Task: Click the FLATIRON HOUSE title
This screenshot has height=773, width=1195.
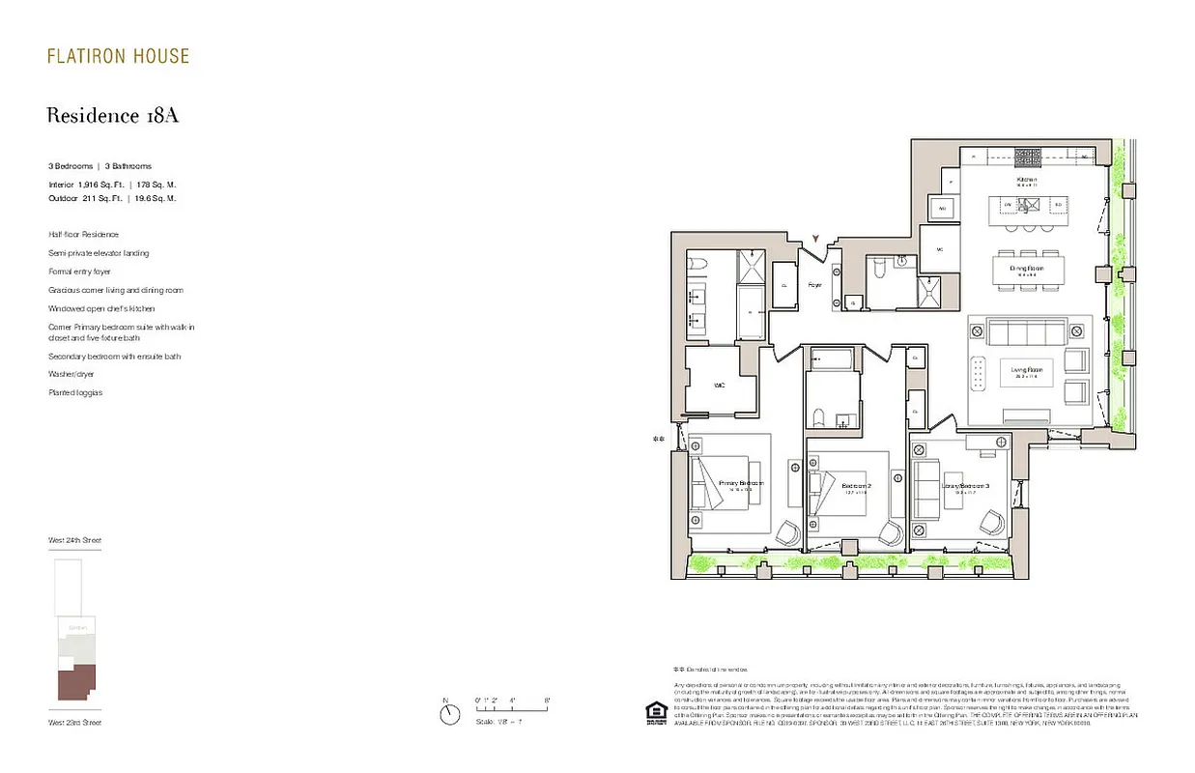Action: coord(118,56)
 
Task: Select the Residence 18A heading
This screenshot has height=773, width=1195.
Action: coord(113,116)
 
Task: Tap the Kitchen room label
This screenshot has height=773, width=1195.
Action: coord(1026,181)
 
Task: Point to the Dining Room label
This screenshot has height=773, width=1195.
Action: coord(1027,269)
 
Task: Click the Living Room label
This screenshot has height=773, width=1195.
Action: coord(1026,370)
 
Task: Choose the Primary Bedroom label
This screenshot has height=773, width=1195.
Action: coord(741,483)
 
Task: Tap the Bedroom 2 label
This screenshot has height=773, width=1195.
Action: coord(856,485)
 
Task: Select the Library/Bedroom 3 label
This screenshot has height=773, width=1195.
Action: coord(965,485)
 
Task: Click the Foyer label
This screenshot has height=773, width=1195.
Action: coord(814,285)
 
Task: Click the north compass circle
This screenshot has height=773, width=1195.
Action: coord(449,715)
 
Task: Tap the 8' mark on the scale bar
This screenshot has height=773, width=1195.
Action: coord(547,700)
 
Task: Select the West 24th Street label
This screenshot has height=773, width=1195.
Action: coord(74,540)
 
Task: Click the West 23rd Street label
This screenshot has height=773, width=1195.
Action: coord(74,722)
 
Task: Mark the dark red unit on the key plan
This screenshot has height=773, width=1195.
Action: coord(75,685)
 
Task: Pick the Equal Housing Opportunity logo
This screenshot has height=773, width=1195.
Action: coord(656,712)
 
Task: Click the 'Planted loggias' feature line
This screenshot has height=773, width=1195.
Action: coord(75,393)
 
